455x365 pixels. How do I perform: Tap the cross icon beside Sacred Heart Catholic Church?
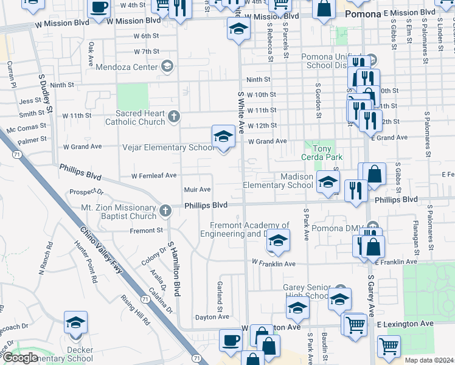click(174, 116)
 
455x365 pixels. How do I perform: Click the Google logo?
click(20, 358)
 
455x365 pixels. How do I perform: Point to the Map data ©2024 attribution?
click(429, 360)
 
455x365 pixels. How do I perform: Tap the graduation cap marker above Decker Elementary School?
click(76, 324)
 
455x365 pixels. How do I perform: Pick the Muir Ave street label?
click(198, 190)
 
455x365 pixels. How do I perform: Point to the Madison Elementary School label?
click(279, 181)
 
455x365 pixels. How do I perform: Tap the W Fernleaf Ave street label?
click(154, 175)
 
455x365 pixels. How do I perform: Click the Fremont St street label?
click(146, 231)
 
